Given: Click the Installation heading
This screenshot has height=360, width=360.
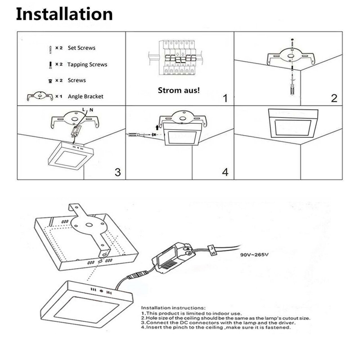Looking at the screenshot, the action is [64, 14].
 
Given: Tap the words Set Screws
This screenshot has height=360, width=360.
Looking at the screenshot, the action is [81, 48].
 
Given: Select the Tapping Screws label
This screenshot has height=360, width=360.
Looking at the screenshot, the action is [87, 64].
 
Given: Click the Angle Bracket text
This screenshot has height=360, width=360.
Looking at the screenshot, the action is [85, 96].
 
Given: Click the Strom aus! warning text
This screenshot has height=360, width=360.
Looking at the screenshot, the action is [179, 90].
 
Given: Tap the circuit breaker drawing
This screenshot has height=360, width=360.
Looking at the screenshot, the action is [176, 58].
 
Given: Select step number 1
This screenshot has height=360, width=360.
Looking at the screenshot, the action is [225, 98].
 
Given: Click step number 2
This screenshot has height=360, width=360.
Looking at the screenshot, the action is [334, 98].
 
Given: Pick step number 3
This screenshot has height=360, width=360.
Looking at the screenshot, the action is [117, 172].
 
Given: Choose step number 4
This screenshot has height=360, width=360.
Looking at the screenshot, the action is [225, 172].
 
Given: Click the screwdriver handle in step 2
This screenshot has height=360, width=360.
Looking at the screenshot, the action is [292, 89].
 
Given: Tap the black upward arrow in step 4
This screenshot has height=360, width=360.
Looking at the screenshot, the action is [157, 127].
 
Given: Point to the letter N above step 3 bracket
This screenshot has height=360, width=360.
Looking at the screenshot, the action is [91, 110].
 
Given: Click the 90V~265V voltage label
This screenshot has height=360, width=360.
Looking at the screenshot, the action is [254, 255].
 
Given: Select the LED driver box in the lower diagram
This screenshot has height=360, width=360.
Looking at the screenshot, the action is [174, 258].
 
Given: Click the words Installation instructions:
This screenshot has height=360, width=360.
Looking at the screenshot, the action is [173, 308].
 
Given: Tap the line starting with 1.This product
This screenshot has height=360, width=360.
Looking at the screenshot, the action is [192, 313].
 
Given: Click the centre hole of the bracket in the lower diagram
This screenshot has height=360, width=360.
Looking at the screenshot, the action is [89, 225].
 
